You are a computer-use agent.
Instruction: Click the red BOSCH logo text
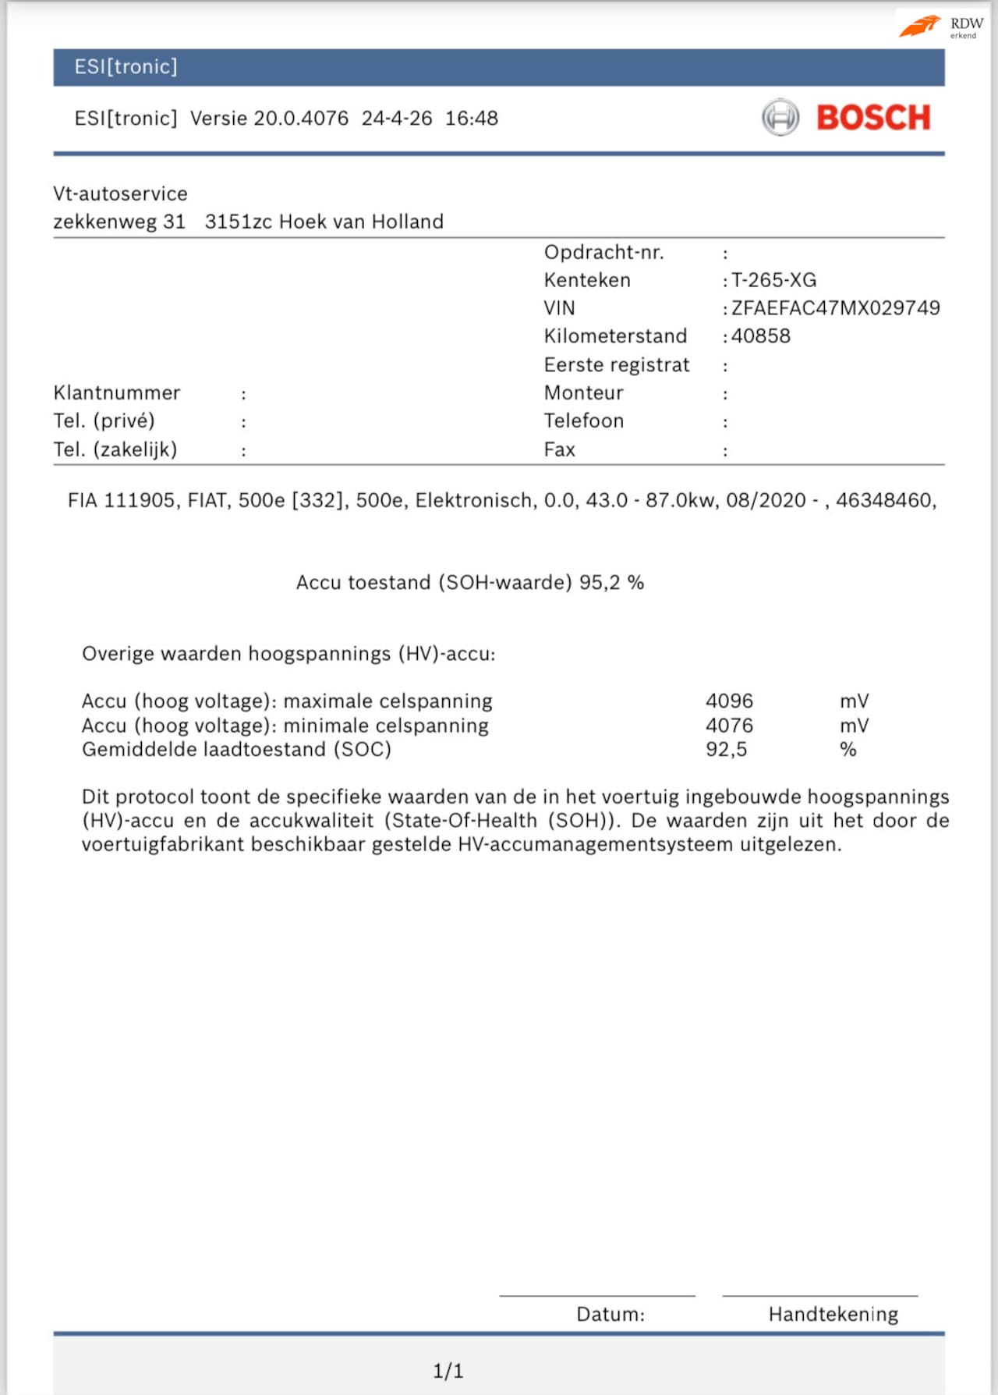tap(873, 118)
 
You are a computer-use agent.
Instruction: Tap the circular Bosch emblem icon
tap(780, 118)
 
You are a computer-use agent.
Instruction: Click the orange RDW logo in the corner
tap(921, 26)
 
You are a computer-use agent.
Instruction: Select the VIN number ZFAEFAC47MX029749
tap(835, 308)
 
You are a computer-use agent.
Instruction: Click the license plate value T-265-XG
tap(773, 280)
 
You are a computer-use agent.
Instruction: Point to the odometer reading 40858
tap(760, 336)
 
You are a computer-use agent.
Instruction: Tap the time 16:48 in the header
tap(471, 119)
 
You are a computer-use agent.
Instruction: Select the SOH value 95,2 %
tap(611, 583)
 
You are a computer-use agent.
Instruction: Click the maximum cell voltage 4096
tap(729, 701)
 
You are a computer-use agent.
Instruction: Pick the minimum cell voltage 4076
tap(729, 726)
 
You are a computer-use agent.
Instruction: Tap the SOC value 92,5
tap(726, 750)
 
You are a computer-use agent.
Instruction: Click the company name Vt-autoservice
tap(120, 193)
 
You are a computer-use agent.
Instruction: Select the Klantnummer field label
tap(116, 392)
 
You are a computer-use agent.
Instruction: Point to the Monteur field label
tap(583, 392)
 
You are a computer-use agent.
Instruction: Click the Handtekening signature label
tap(833, 1315)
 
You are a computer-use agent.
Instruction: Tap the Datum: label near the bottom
tap(610, 1315)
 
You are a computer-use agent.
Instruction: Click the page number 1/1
tap(448, 1371)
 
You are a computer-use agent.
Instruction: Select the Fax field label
tap(559, 449)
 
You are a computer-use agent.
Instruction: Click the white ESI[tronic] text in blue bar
tap(126, 67)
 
